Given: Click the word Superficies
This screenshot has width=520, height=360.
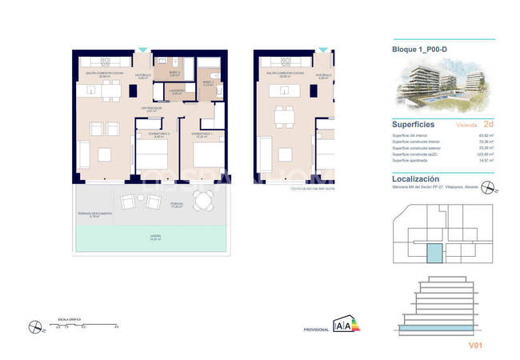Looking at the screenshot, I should (x=413, y=124).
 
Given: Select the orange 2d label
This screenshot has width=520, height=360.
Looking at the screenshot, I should (x=477, y=125).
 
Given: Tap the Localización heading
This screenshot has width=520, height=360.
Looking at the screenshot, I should (x=417, y=180).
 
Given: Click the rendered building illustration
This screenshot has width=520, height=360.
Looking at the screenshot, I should (x=433, y=88).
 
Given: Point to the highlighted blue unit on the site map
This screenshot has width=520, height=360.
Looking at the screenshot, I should (x=432, y=255).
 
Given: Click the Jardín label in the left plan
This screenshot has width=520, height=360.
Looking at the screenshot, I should (x=155, y=237).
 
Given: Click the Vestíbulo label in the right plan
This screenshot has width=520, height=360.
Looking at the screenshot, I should (x=324, y=77).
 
